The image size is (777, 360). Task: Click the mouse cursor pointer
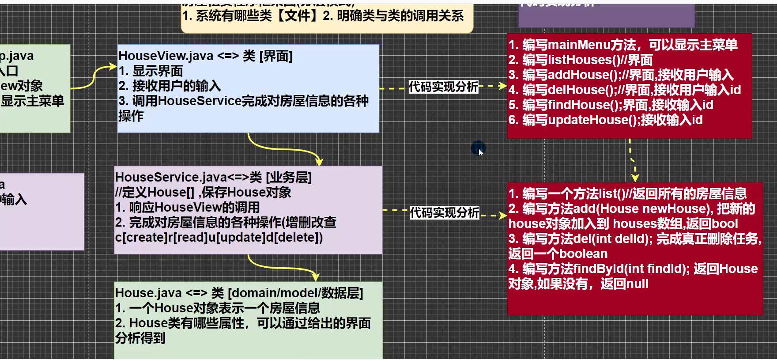click(481, 152)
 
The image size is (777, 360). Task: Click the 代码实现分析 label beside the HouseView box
click(443, 87)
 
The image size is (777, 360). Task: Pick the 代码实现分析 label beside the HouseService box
click(444, 213)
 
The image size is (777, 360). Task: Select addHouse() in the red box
click(579, 75)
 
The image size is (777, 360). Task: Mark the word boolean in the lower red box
click(583, 254)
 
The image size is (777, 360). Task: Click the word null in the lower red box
click(636, 284)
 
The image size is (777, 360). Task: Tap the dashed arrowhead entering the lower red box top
click(635, 178)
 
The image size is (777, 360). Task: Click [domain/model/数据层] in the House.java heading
click(295, 293)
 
